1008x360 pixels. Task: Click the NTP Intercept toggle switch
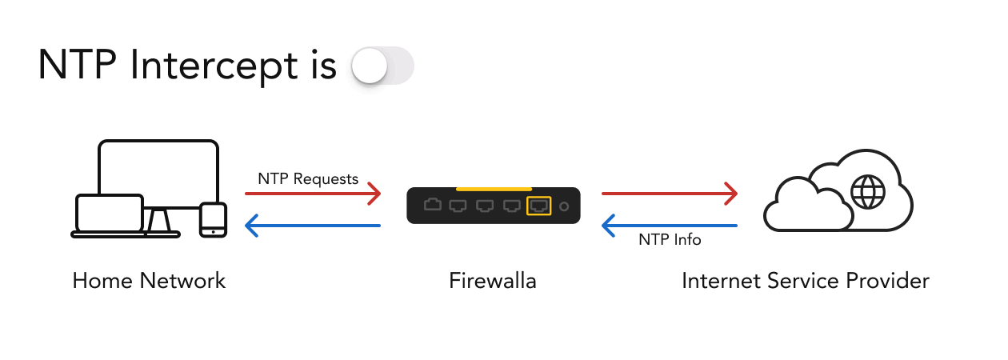[382, 66]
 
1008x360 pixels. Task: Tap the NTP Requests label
[308, 178]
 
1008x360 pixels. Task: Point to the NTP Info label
[670, 239]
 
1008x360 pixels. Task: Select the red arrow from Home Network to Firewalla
[313, 193]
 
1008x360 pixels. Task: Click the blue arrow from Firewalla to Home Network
[313, 226]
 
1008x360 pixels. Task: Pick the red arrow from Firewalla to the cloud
[669, 193]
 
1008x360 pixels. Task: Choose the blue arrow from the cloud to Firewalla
[669, 226]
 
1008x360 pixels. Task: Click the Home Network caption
[149, 281]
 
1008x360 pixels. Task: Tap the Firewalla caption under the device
[493, 281]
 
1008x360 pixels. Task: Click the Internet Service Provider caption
[806, 281]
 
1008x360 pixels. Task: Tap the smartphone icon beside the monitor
[213, 219]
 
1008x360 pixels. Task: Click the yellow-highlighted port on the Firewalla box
[538, 206]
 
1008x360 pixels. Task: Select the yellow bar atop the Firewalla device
[493, 188]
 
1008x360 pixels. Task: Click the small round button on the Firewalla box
[564, 206]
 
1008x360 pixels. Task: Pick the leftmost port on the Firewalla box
[433, 206]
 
